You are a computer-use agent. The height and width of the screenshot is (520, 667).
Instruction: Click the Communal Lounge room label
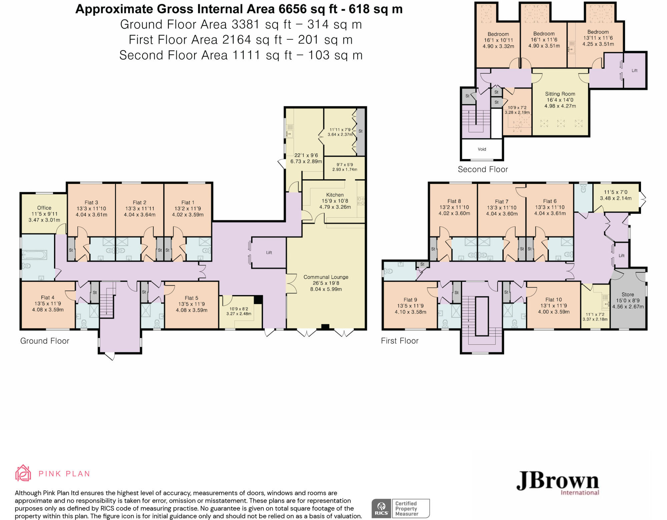point(326,277)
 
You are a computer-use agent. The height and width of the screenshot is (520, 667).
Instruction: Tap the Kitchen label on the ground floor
point(335,195)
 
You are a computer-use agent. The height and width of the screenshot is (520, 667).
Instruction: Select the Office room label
point(44,208)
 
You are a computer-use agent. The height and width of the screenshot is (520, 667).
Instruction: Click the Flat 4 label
point(47,297)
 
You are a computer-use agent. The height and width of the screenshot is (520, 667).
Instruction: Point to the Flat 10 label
point(554,300)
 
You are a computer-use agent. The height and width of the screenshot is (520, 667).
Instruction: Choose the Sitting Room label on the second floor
point(560,94)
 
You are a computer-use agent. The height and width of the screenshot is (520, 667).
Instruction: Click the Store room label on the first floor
point(628,294)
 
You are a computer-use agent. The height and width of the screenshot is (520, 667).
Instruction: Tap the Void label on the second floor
point(482,149)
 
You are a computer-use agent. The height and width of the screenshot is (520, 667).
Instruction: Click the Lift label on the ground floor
point(269,253)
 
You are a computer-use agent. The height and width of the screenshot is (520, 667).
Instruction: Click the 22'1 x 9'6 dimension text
point(306,155)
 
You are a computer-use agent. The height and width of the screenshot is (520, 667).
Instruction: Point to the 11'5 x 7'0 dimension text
point(616,192)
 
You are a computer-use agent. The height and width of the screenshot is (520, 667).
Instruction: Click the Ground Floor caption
point(45,341)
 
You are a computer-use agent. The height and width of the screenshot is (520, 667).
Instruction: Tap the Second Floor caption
point(483,169)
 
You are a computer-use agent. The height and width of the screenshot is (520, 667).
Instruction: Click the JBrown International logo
point(558,483)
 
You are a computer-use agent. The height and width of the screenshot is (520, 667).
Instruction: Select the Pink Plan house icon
point(23,473)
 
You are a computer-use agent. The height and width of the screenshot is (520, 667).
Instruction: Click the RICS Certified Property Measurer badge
point(401,508)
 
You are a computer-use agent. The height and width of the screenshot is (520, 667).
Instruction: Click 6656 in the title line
point(292,9)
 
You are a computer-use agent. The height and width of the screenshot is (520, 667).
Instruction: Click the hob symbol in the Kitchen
point(361,201)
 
